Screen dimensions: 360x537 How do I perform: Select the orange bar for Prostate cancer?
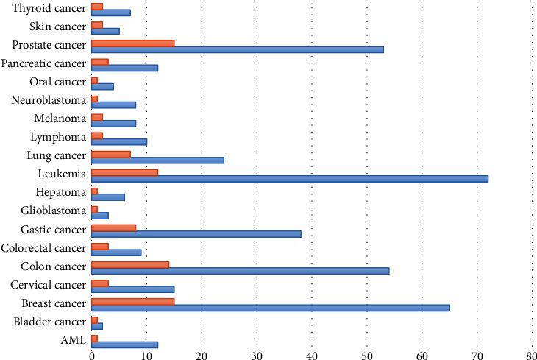tap(132, 43)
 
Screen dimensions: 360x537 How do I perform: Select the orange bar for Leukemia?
tap(124, 172)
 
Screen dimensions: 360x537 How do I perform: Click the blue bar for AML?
tap(124, 345)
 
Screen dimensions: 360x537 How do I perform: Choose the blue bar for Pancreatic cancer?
tap(124, 68)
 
